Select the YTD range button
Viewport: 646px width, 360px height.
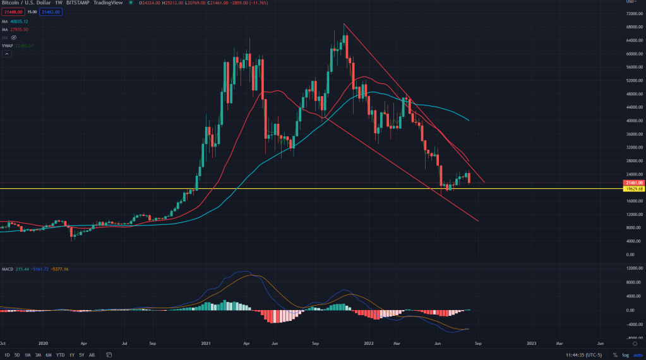coord(61,355)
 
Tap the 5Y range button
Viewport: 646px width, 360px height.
coord(81,355)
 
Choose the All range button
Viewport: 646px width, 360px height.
coord(92,355)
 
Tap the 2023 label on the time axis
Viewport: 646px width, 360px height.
coord(532,343)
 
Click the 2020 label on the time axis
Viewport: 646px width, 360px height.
coord(43,343)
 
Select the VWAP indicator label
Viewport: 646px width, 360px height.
coord(8,45)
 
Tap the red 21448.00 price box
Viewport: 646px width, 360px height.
coord(14,11)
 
